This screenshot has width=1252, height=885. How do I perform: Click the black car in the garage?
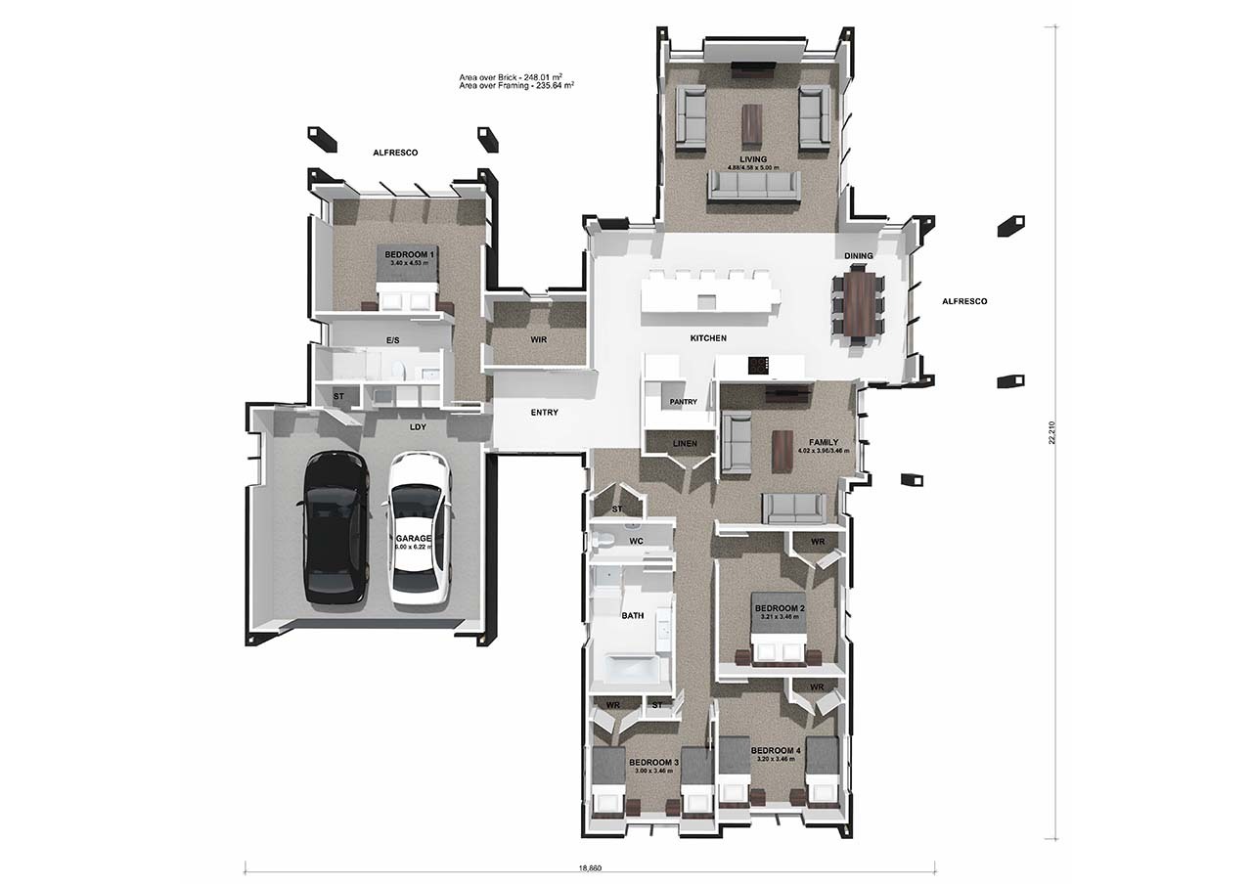pyautogui.click(x=335, y=528)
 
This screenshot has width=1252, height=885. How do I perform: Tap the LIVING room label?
pyautogui.click(x=753, y=159)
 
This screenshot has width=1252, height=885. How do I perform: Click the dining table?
pyautogui.click(x=858, y=304)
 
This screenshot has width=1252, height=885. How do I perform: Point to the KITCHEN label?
pyautogui.click(x=708, y=338)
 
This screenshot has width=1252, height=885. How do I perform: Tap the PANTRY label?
pyautogui.click(x=683, y=402)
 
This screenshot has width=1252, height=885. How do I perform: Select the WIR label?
pyautogui.click(x=537, y=339)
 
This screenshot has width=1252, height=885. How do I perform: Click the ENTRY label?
pyautogui.click(x=544, y=413)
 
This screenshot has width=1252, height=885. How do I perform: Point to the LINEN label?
pyautogui.click(x=685, y=444)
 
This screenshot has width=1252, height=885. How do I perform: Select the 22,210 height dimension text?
pyautogui.click(x=1051, y=433)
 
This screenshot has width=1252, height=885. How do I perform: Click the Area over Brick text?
pyautogui.click(x=515, y=76)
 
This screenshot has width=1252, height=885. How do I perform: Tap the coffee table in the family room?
pyautogui.click(x=782, y=452)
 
